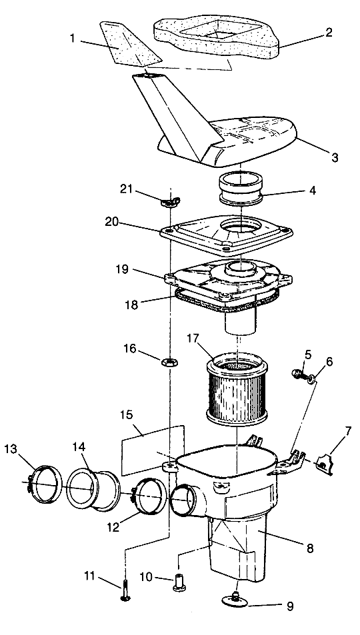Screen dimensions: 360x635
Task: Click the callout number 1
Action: (73, 39)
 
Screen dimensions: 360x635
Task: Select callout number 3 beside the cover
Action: (335, 157)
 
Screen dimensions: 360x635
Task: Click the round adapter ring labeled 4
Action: (241, 189)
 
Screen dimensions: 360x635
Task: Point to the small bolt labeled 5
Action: (299, 374)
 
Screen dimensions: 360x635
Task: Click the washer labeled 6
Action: (311, 380)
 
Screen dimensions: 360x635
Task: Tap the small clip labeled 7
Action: (325, 464)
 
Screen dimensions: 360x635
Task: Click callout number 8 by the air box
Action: (310, 549)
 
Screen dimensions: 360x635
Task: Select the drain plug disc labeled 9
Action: (235, 600)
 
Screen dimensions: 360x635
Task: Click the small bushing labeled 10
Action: (179, 583)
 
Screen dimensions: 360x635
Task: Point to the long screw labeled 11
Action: (125, 592)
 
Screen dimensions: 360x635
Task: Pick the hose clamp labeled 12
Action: (149, 496)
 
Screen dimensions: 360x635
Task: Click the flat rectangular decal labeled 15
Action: (153, 450)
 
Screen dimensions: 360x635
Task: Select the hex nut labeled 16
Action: (169, 362)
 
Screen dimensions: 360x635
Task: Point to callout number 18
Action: (131, 304)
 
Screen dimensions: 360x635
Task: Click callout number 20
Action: (113, 221)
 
